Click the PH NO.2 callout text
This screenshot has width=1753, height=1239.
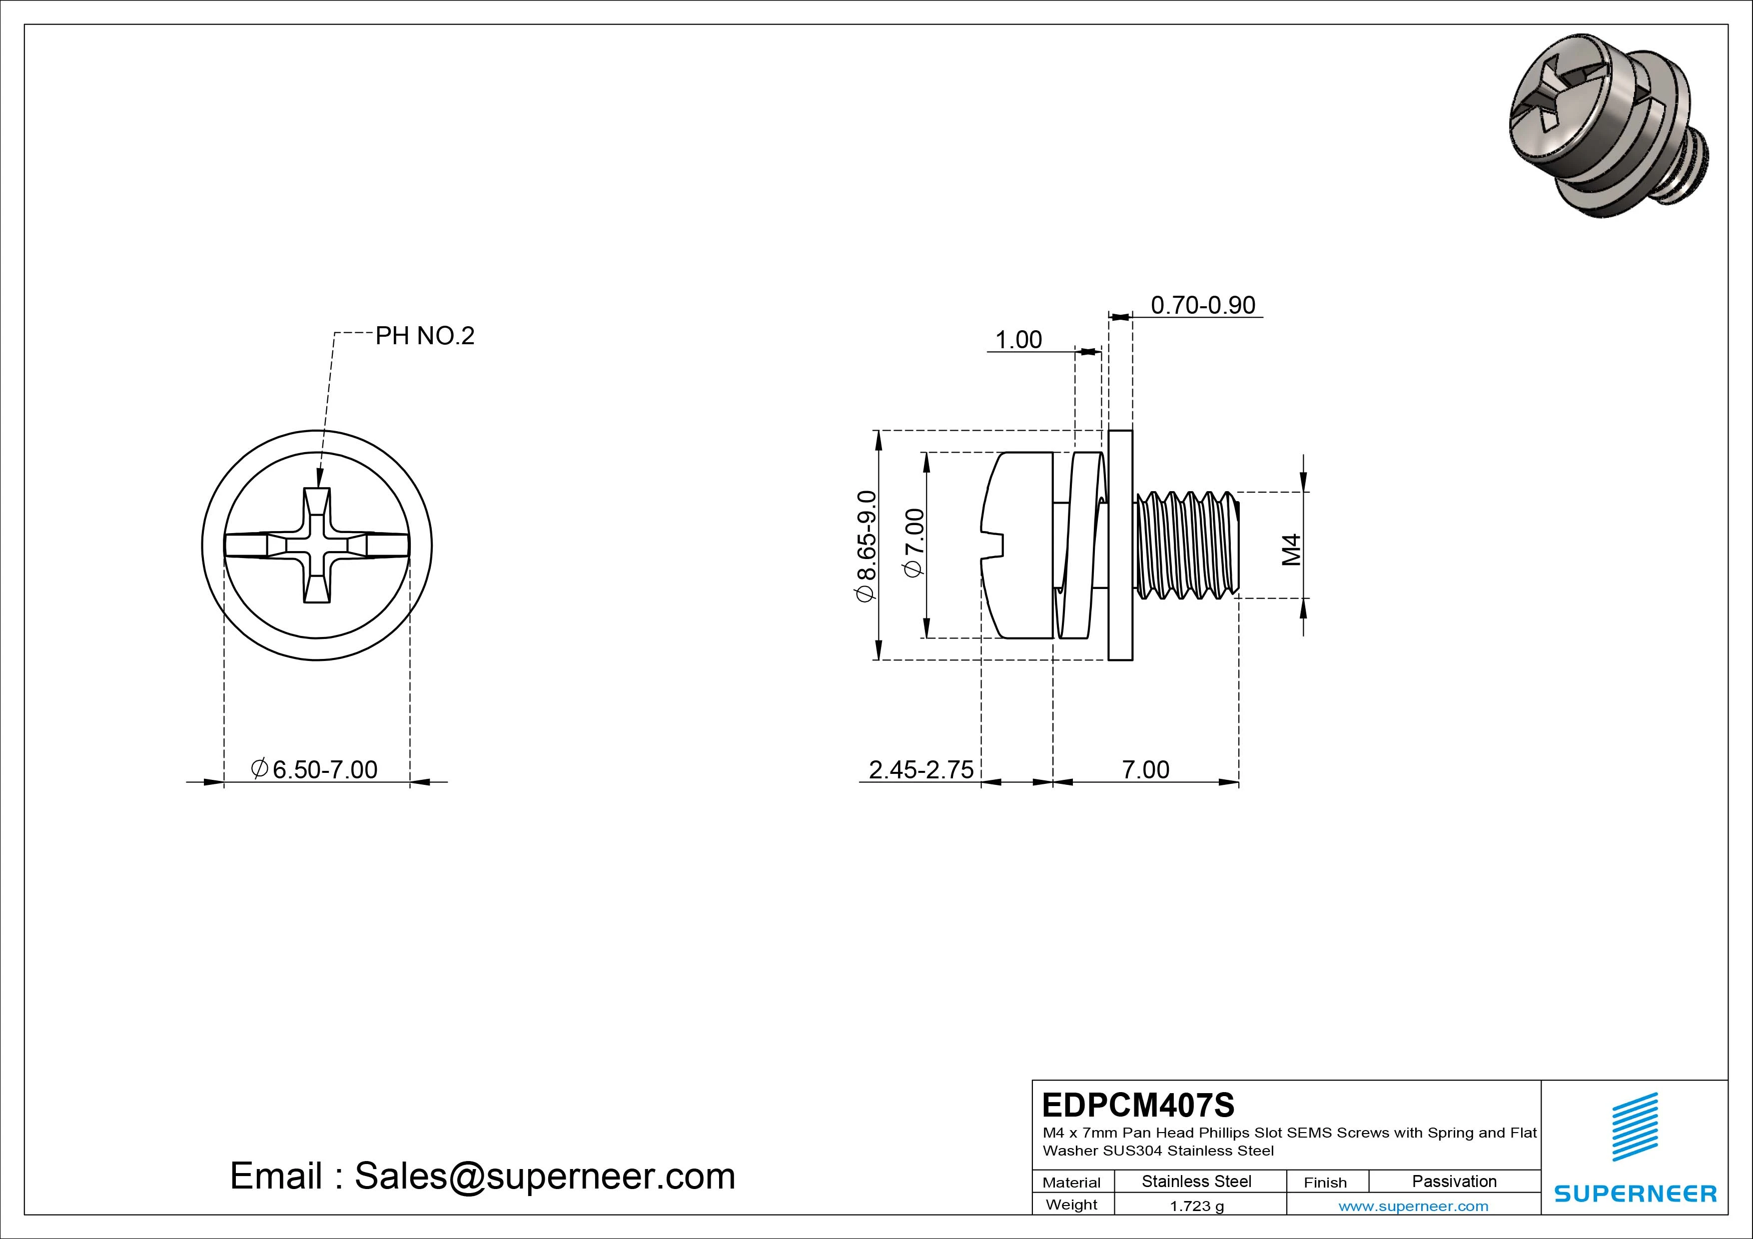(424, 336)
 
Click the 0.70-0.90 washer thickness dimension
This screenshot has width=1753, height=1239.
(1202, 305)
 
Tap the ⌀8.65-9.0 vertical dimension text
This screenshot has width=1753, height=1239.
(867, 547)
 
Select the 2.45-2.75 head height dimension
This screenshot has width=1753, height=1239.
(921, 769)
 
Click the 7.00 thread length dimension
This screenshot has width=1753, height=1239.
(1145, 769)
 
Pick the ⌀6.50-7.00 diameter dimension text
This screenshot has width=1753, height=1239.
(314, 769)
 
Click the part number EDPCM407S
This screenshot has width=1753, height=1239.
(1138, 1105)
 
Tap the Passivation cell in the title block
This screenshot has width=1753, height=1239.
(1454, 1181)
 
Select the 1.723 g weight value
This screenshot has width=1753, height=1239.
(1196, 1206)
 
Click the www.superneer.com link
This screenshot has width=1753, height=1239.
(1413, 1206)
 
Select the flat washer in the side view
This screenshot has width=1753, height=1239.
(1120, 545)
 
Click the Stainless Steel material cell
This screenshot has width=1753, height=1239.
(1196, 1181)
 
